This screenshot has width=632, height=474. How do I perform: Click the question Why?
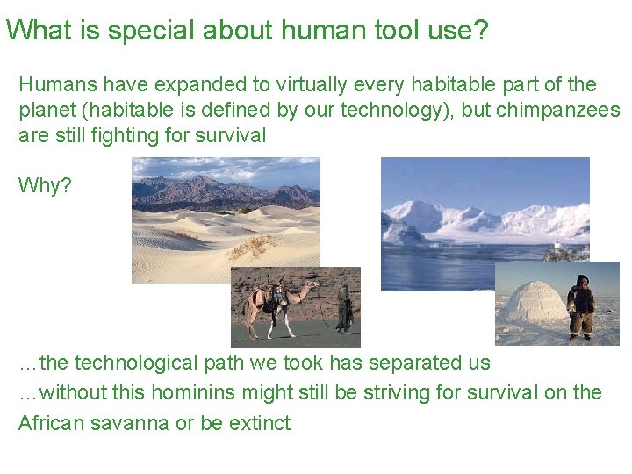[45, 186]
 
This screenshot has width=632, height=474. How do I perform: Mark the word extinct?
[260, 422]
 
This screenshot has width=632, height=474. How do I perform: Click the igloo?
[533, 304]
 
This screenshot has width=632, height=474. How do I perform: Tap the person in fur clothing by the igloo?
[580, 306]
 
